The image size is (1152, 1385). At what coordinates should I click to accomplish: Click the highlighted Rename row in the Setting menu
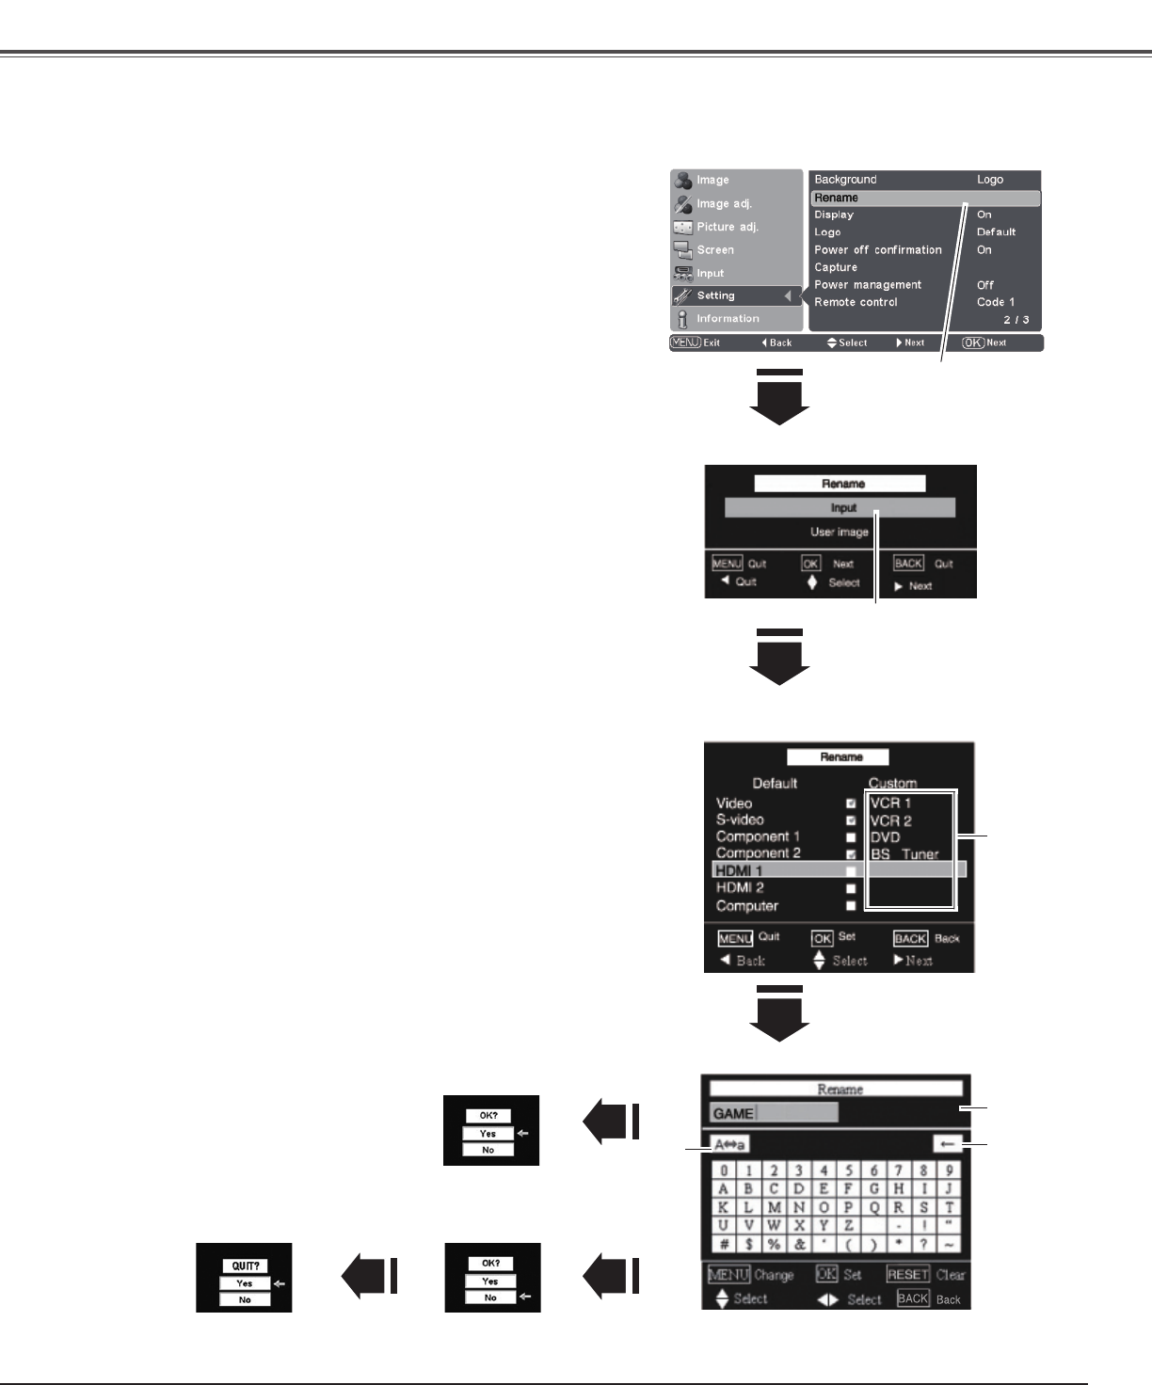point(924,199)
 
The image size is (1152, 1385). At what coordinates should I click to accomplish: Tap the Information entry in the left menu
point(727,319)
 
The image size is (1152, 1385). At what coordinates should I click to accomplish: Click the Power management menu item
point(867,285)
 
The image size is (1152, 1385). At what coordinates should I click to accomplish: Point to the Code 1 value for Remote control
point(995,302)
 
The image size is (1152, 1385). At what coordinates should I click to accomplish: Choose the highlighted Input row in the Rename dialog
point(840,508)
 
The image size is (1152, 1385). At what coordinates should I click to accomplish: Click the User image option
point(840,532)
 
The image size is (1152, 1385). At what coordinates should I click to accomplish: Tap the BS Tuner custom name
point(904,854)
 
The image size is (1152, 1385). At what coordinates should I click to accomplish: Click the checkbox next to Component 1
point(851,837)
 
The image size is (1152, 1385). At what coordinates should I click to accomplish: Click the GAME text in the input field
point(733,1113)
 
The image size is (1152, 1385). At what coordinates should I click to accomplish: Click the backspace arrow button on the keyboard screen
point(947,1144)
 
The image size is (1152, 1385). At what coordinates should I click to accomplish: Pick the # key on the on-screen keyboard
point(723,1244)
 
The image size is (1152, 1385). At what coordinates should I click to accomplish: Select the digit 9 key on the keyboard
point(950,1170)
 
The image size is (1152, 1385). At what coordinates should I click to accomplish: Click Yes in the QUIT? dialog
point(244,1283)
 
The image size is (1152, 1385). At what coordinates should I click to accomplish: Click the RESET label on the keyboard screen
point(907,1274)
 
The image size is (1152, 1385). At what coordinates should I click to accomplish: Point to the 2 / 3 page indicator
point(1016,320)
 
